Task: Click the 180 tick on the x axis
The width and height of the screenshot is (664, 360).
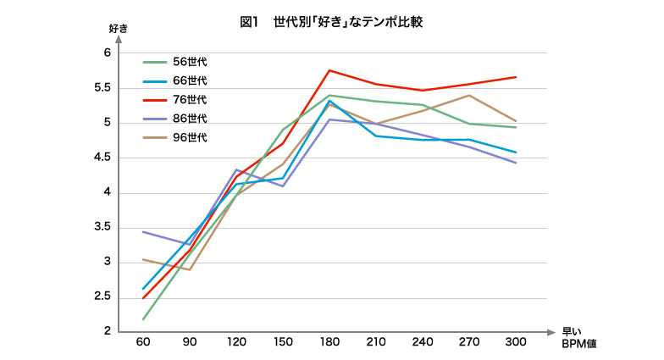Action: coord(329,341)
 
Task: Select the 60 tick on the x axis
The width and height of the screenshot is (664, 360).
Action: coord(142,341)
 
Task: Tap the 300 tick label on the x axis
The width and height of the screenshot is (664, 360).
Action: coord(516,341)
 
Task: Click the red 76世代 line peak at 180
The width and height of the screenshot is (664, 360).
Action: coord(329,70)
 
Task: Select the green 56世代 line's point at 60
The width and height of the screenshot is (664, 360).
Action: coord(142,319)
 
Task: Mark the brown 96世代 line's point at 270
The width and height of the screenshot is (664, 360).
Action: coord(469,95)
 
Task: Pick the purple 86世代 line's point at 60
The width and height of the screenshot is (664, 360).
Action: coord(142,231)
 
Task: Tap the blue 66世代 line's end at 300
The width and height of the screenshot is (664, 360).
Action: coord(516,152)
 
